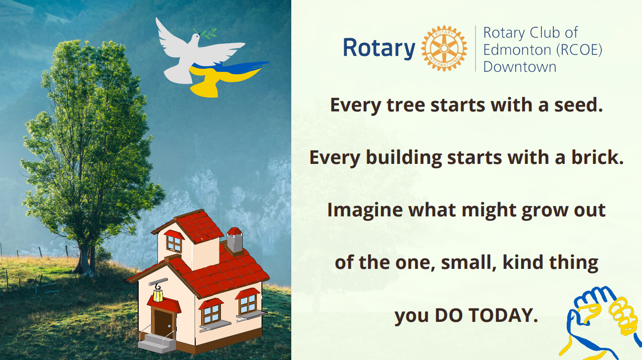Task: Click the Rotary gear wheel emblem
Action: tap(444, 48)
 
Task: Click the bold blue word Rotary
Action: tap(379, 48)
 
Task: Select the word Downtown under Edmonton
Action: tap(520, 67)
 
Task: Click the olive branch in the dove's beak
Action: tap(205, 33)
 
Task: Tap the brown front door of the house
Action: tap(163, 323)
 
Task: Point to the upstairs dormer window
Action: tap(174, 244)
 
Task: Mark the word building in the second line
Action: tap(404, 158)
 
